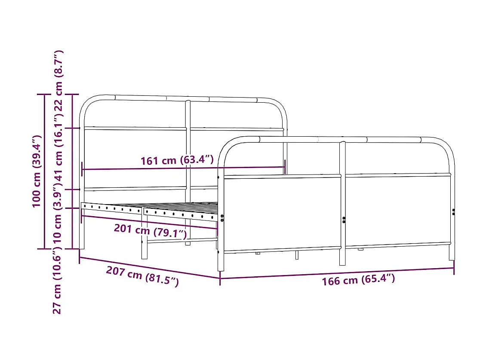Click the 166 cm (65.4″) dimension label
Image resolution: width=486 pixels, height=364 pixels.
(x=358, y=280)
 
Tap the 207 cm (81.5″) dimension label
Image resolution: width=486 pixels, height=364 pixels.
(x=142, y=276)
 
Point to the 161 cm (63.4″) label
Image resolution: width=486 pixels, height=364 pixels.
(x=177, y=160)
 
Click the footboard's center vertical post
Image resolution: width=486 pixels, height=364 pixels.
(x=342, y=202)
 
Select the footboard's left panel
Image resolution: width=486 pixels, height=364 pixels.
(x=282, y=213)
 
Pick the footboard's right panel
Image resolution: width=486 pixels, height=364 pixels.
(x=397, y=211)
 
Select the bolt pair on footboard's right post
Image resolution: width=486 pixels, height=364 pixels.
(x=453, y=211)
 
